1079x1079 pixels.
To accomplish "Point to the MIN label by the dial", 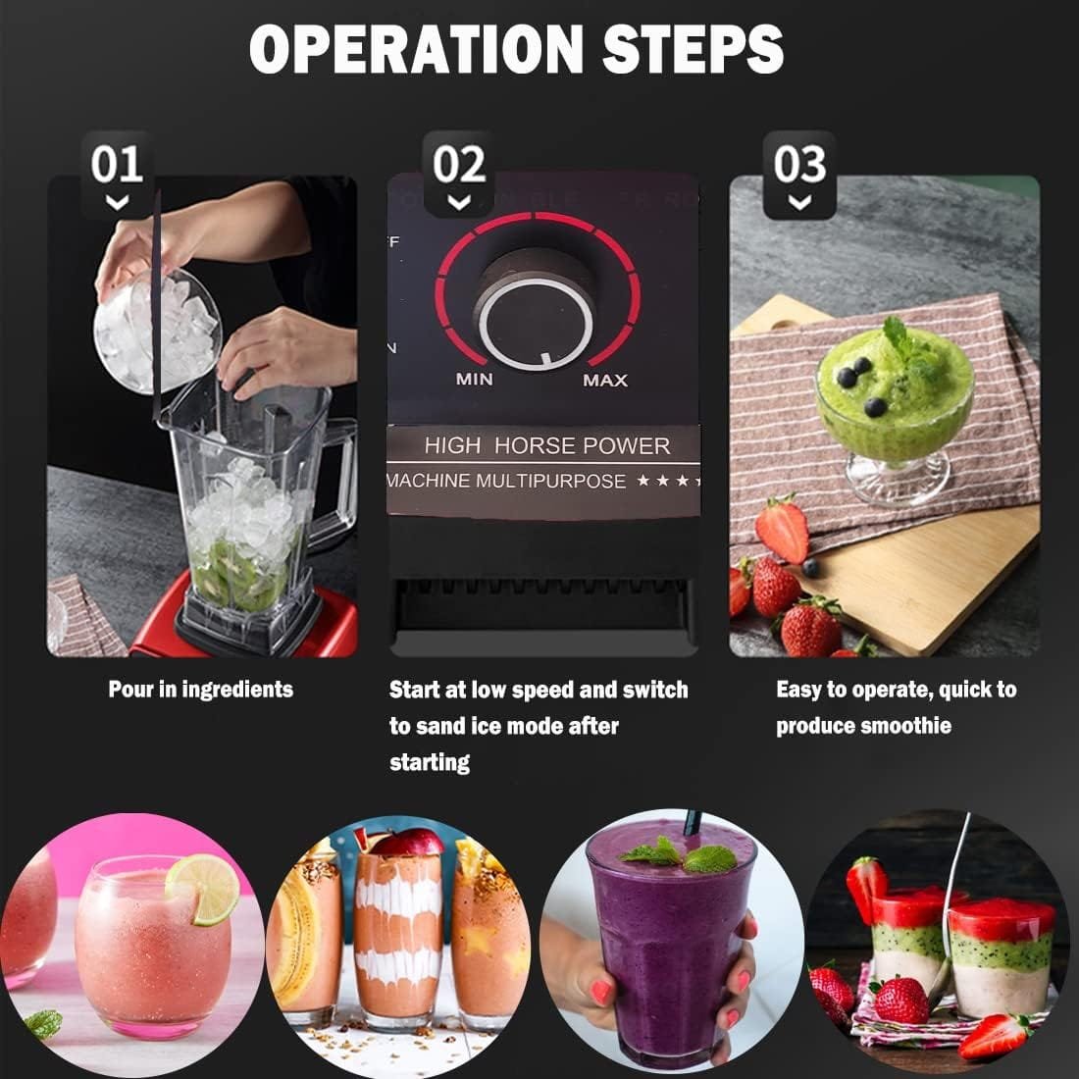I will [475, 380].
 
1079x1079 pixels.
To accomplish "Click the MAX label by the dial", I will [604, 380].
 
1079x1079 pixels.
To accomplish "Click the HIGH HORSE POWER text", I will [546, 445].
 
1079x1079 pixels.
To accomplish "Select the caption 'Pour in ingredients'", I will [200, 690].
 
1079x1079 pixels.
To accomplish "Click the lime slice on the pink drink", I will [203, 889].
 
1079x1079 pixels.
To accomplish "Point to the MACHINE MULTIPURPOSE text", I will [506, 481].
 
